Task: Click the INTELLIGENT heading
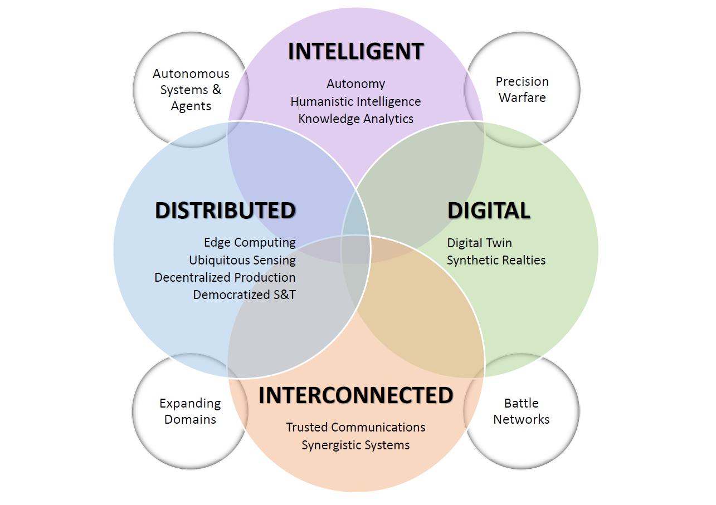355,51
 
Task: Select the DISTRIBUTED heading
225,210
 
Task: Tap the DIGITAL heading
489,210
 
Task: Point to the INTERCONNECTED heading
355,395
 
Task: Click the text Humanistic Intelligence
355,101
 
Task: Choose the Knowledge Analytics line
355,119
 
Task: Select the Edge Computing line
250,242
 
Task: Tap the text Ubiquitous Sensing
242,260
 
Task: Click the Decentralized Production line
225,277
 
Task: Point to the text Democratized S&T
244,295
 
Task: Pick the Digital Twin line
479,243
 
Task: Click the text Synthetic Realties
496,260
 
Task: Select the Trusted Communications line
355,427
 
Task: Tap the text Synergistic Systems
355,445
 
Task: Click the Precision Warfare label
522,89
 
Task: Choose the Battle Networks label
521,411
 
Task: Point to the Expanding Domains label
190,411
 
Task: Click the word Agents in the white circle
191,106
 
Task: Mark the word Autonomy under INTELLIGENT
355,84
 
